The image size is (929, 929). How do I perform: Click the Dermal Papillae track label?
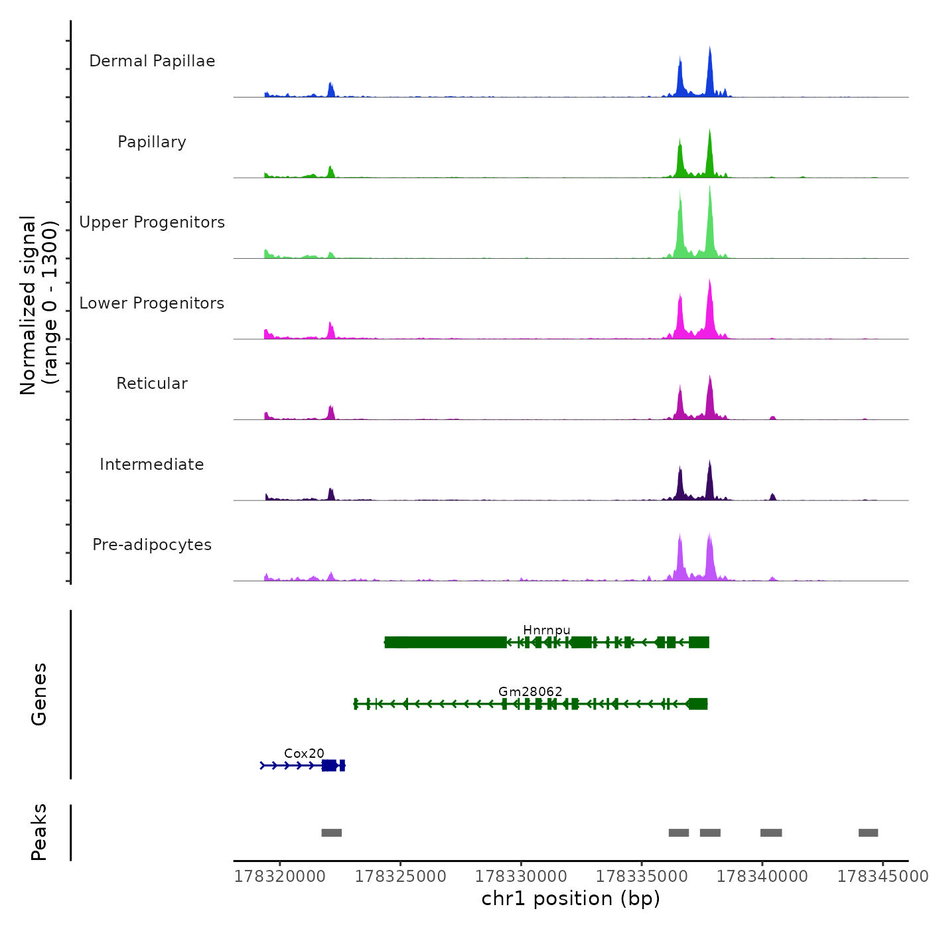[152, 61]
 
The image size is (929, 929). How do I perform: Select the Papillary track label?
[152, 142]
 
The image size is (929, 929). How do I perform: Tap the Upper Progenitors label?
[152, 222]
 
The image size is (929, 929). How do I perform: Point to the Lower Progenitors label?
[152, 303]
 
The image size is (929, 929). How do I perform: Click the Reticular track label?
[152, 384]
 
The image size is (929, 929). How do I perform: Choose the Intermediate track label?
[152, 464]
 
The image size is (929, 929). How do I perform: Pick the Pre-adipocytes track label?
[152, 545]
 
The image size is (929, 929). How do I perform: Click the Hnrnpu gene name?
[546, 630]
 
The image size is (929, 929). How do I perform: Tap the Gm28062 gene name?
[530, 691]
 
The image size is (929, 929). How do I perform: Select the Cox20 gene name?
[304, 753]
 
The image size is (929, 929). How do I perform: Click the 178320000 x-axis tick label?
[280, 877]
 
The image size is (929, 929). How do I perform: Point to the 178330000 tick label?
[521, 877]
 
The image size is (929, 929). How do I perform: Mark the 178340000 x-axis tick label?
[762, 877]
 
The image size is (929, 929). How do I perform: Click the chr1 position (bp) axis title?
[571, 898]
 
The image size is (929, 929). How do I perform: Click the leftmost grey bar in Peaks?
[331, 833]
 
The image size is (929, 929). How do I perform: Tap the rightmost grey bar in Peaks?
[868, 833]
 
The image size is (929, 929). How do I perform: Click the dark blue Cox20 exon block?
[329, 766]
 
